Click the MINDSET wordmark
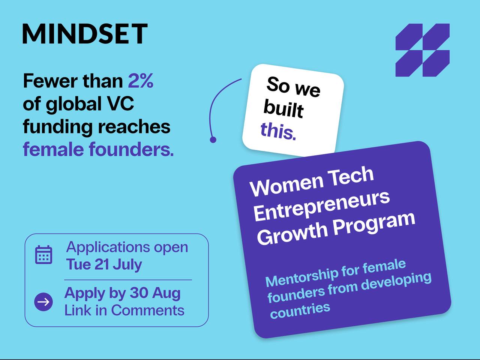[x=85, y=34]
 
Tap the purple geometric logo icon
[x=423, y=50]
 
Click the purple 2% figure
[x=141, y=81]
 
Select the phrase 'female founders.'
[x=98, y=149]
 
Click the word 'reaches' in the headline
[x=134, y=126]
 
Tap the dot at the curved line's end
[x=213, y=139]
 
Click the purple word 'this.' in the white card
[x=278, y=131]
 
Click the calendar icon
[x=44, y=255]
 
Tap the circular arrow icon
[x=43, y=302]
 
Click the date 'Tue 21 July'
[x=104, y=264]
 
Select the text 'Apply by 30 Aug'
[x=123, y=293]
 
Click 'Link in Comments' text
[x=124, y=310]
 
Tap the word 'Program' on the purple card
[x=374, y=225]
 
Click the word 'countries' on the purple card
[x=300, y=311]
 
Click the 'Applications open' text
[x=127, y=247]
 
